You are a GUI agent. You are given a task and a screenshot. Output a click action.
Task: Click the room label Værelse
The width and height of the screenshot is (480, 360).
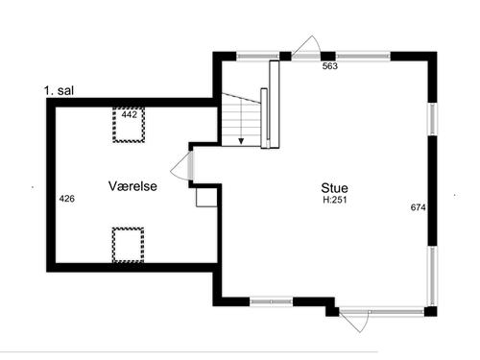click(132, 186)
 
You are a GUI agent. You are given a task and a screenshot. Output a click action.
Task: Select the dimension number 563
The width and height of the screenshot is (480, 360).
click(328, 67)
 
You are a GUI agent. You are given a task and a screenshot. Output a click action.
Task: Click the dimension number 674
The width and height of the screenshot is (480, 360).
click(418, 207)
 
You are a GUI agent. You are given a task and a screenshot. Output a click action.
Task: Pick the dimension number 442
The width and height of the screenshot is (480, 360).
click(130, 114)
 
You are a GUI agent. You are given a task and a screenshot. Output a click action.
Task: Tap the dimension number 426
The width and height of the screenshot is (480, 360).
click(67, 199)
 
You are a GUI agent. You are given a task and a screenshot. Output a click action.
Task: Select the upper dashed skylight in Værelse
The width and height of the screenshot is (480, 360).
click(129, 125)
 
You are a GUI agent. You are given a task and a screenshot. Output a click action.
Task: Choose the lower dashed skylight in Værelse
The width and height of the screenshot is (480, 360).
click(128, 244)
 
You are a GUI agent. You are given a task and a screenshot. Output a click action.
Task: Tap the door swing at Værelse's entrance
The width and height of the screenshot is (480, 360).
click(180, 170)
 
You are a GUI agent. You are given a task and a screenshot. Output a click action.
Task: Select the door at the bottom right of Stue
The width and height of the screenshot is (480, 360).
click(352, 321)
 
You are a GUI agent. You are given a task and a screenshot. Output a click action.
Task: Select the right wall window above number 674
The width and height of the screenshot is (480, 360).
click(432, 120)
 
